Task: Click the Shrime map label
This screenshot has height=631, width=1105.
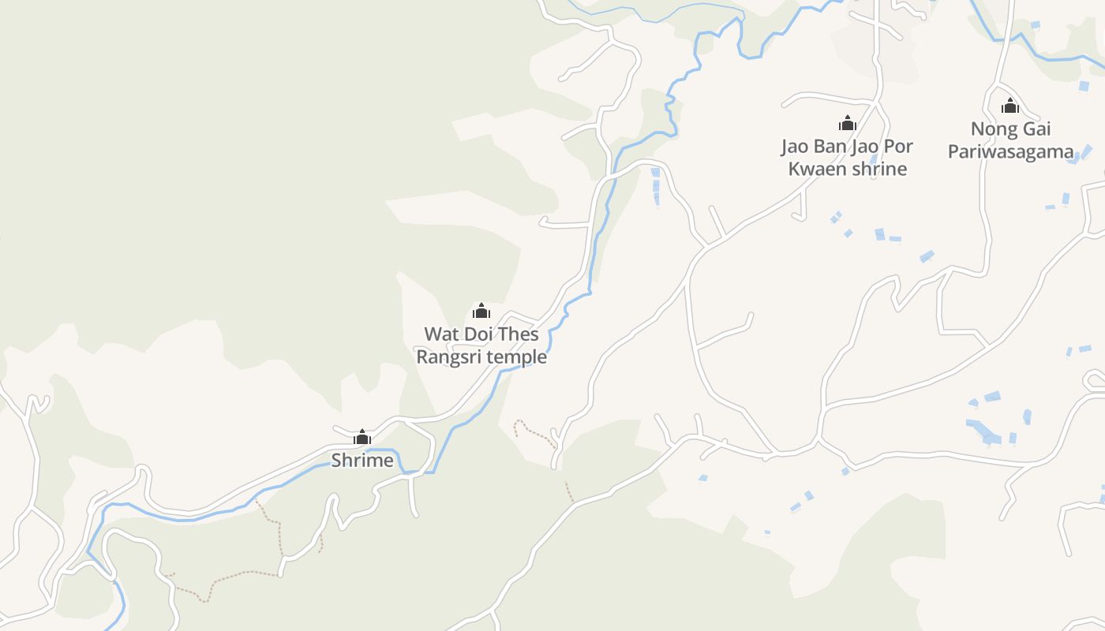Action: [x=362, y=461]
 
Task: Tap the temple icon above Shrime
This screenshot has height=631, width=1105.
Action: [x=362, y=437]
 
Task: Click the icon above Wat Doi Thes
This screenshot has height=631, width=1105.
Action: [x=481, y=311]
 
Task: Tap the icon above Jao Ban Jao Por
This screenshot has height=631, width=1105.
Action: [x=848, y=123]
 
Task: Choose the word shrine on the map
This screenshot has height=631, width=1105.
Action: [x=879, y=169]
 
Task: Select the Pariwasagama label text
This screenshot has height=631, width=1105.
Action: [x=1011, y=151]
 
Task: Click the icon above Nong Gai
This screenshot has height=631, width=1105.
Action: [x=1010, y=106]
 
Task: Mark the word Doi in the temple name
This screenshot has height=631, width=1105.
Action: [x=479, y=334]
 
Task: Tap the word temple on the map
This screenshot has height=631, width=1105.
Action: [x=516, y=357]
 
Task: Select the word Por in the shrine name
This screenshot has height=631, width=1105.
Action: [x=899, y=147]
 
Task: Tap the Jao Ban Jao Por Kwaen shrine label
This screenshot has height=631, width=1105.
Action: [x=848, y=158]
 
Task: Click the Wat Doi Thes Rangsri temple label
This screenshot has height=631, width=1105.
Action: [x=481, y=345]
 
